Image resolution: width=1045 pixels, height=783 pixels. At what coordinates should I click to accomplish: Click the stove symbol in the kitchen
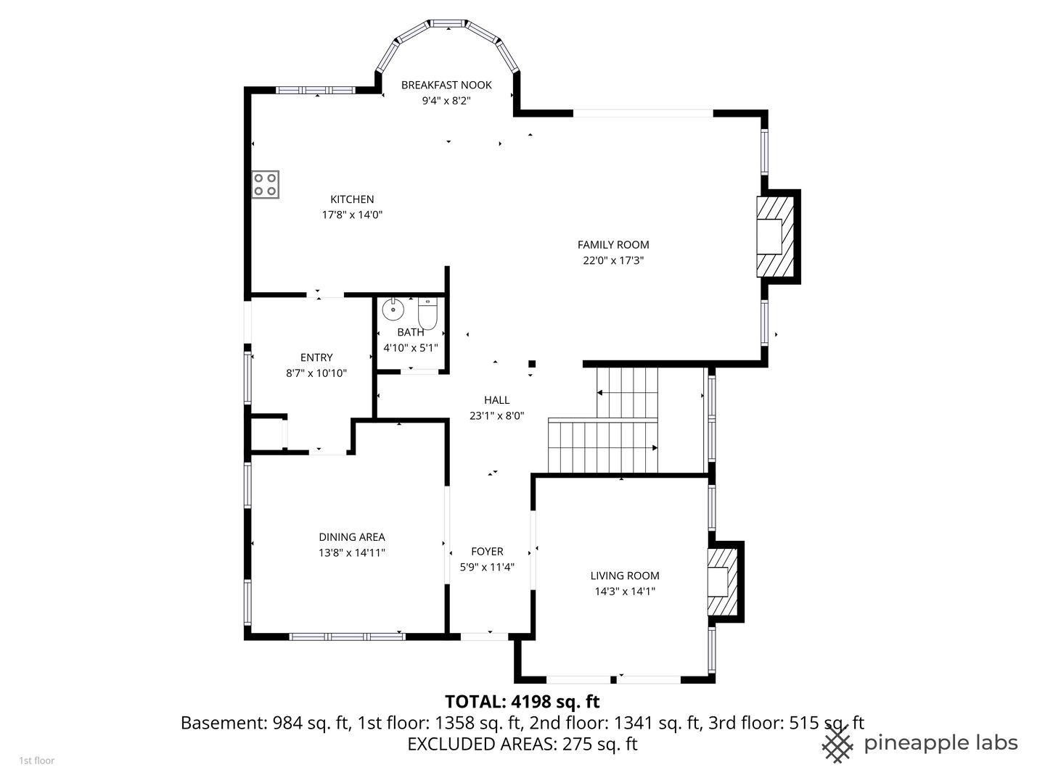point(265,184)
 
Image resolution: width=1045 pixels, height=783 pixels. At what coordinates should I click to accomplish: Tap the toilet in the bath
point(427,313)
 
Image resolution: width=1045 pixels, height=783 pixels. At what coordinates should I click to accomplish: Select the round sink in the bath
point(393,309)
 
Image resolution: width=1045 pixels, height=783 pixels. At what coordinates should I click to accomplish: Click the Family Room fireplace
point(776,237)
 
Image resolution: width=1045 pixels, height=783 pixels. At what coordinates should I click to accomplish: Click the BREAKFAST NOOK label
point(446,85)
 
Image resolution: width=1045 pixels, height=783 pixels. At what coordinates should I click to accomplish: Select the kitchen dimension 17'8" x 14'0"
point(352,215)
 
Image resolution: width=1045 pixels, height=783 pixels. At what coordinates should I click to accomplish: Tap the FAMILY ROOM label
point(613,245)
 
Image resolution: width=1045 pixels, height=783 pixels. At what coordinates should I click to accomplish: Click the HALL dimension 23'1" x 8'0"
point(496,416)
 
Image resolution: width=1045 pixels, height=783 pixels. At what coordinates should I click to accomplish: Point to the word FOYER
point(487,552)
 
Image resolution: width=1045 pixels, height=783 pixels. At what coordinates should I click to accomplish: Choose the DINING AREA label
point(352,537)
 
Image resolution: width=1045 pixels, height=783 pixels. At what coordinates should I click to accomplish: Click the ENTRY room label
point(316,357)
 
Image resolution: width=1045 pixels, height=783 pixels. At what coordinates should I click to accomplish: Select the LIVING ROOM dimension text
point(625,592)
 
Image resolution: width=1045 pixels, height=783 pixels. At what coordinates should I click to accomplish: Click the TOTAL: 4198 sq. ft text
point(522,701)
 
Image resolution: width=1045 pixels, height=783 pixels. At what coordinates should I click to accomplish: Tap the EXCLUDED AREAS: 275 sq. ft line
point(522,744)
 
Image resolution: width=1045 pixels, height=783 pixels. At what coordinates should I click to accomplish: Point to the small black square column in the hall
point(532,364)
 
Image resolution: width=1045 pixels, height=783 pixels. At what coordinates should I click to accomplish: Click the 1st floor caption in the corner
point(37,761)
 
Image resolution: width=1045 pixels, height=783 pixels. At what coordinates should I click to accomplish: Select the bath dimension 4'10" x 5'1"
point(411,348)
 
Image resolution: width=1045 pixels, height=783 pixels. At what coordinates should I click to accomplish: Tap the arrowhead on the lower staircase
point(655,448)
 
